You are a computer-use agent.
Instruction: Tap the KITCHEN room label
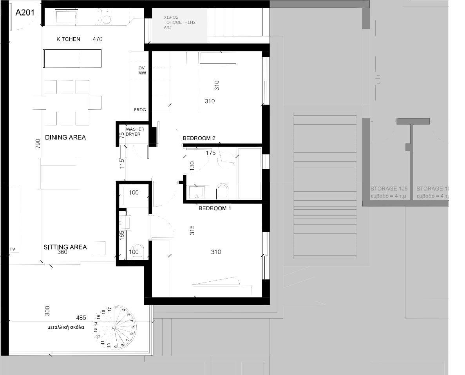pyautogui.click(x=68, y=39)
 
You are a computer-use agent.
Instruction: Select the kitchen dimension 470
pyautogui.click(x=97, y=39)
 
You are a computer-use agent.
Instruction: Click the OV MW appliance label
pyautogui.click(x=141, y=71)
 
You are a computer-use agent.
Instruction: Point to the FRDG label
pyautogui.click(x=140, y=110)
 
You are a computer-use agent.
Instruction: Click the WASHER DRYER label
pyautogui.click(x=135, y=132)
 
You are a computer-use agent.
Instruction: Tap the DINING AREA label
pyautogui.click(x=65, y=138)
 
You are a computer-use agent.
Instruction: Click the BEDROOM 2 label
pyautogui.click(x=199, y=138)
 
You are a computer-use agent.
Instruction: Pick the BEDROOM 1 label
pyautogui.click(x=215, y=208)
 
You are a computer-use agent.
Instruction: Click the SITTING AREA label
pyautogui.click(x=65, y=247)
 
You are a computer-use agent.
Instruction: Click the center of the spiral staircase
pyautogui.click(x=114, y=327)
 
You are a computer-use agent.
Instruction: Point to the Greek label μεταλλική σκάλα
pyautogui.click(x=66, y=327)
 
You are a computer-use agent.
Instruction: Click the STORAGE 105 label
pyautogui.click(x=389, y=189)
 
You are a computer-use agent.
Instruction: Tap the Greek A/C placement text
pyautogui.click(x=179, y=23)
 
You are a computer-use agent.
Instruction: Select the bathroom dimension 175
pyautogui.click(x=211, y=153)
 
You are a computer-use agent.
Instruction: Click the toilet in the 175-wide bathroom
pyautogui.click(x=223, y=191)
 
